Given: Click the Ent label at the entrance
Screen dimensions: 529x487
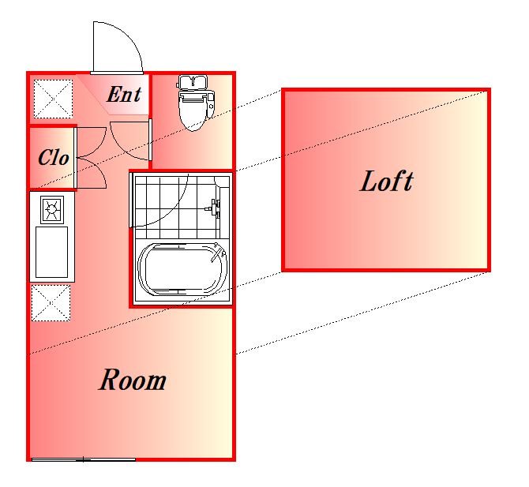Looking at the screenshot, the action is (x=124, y=94).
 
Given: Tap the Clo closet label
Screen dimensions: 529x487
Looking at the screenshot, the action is (x=54, y=157).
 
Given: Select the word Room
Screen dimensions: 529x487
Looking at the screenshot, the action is (x=133, y=380).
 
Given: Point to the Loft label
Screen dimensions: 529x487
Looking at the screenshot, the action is (x=387, y=181).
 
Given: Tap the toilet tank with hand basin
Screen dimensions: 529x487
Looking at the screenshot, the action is (x=193, y=82).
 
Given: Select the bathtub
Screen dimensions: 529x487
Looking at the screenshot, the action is (x=182, y=269).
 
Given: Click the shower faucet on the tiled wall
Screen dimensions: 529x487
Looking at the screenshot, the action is (x=213, y=208).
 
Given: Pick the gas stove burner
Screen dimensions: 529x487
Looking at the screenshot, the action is (x=52, y=209).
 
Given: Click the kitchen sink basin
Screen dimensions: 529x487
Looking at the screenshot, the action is (x=51, y=252).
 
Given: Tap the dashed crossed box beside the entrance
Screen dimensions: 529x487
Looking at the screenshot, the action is (x=53, y=99).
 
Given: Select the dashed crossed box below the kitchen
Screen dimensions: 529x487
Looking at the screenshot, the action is (x=51, y=303).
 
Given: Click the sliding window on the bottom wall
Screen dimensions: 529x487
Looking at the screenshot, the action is (x=84, y=459).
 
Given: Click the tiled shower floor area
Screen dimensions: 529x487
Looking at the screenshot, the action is (x=175, y=206).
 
